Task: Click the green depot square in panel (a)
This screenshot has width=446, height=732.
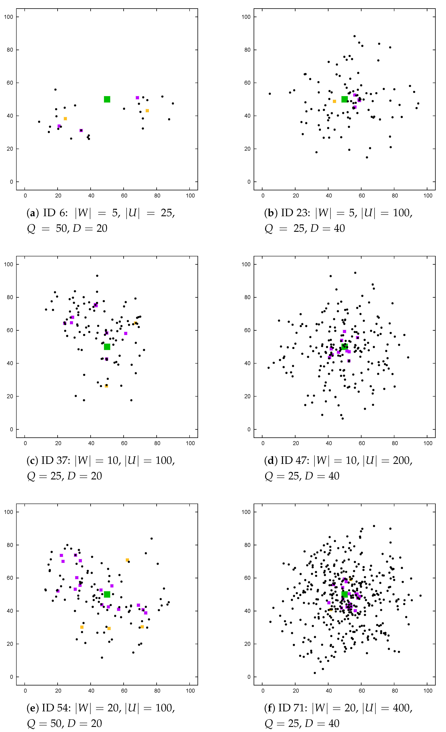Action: click(x=107, y=99)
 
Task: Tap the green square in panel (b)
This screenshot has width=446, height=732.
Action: click(x=344, y=99)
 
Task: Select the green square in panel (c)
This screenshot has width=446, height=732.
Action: click(x=107, y=347)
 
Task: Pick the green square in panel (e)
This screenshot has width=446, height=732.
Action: click(x=107, y=594)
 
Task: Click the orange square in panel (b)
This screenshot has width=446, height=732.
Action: click(x=334, y=101)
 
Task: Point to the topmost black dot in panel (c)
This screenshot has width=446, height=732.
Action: click(x=97, y=276)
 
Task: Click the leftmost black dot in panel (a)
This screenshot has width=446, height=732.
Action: click(x=39, y=122)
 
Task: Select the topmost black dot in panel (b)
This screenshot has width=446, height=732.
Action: click(x=354, y=36)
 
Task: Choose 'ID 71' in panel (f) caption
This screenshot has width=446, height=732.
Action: click(x=293, y=708)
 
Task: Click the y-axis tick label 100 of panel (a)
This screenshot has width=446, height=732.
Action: click(x=9, y=17)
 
